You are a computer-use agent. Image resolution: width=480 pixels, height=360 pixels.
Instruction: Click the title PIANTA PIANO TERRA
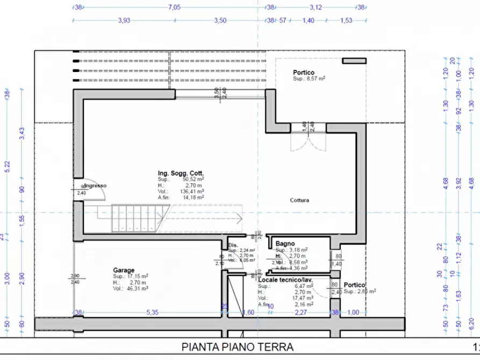click(x=238, y=347)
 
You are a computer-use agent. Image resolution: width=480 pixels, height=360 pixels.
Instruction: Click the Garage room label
click(x=124, y=270)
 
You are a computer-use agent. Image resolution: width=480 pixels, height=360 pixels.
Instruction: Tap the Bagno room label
click(x=285, y=243)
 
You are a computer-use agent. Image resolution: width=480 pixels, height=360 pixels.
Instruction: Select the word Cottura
click(x=299, y=200)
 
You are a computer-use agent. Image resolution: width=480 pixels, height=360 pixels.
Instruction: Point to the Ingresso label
click(x=96, y=186)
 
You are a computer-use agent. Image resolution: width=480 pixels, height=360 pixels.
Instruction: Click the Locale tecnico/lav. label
click(x=285, y=280)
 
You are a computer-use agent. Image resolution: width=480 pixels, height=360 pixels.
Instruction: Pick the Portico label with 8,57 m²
click(x=304, y=72)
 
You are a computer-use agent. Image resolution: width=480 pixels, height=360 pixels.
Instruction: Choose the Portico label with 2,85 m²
click(x=355, y=285)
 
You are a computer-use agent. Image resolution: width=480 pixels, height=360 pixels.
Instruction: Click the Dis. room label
click(x=233, y=244)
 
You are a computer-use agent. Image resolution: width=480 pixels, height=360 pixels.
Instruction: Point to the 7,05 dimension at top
click(x=175, y=8)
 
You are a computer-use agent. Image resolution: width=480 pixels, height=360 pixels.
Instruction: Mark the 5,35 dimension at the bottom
click(x=153, y=312)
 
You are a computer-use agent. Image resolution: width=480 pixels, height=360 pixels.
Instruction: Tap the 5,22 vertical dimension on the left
click(x=7, y=167)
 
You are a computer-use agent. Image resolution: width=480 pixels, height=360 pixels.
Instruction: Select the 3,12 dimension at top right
click(x=316, y=8)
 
